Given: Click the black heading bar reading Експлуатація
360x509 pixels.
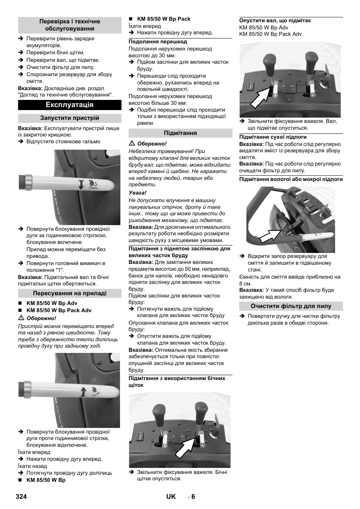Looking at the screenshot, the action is [x=69, y=105].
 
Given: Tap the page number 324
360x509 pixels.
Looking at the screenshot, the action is [x=21, y=497].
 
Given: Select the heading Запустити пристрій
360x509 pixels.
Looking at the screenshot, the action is [x=69, y=118].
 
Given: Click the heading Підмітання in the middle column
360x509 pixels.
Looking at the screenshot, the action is [x=180, y=133].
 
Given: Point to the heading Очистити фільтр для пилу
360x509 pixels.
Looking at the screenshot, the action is [x=291, y=306].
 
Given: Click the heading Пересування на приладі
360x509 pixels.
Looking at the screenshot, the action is [x=69, y=293].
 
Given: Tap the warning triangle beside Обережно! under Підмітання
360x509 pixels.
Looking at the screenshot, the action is [x=132, y=144].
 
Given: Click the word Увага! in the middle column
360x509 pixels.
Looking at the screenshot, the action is [x=137, y=193].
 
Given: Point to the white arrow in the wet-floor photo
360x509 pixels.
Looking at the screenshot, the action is [x=271, y=235].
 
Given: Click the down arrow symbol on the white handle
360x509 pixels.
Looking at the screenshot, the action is [x=82, y=184].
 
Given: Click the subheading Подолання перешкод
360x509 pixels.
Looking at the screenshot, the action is [x=158, y=42].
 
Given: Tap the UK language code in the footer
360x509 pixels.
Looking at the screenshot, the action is [x=171, y=497].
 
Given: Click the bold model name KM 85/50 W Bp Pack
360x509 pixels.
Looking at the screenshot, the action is [x=164, y=19].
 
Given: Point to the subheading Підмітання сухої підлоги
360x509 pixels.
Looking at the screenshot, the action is [x=273, y=137].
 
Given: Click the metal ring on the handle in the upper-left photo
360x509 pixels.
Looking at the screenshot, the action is [x=29, y=182].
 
